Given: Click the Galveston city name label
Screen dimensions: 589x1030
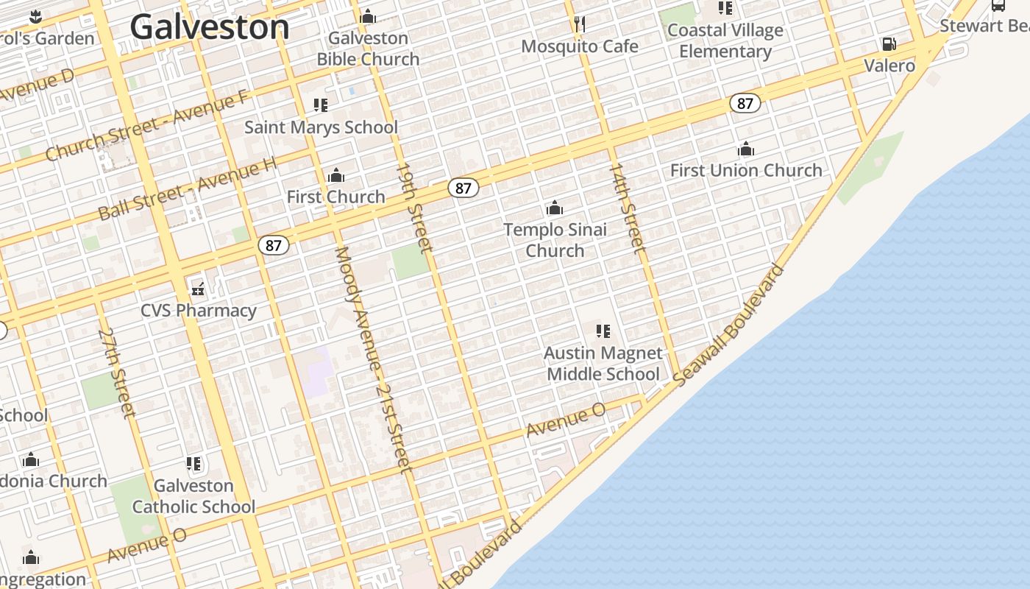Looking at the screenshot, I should point(210,28).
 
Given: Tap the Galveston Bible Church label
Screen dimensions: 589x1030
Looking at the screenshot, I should point(368,49).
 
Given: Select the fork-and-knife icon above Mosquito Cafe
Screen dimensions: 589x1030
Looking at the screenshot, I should point(580,24).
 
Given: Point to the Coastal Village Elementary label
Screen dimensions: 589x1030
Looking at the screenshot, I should point(725,41).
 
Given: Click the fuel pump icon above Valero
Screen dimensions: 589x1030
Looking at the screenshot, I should point(889,44).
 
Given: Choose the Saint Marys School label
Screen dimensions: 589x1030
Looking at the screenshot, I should point(321,127).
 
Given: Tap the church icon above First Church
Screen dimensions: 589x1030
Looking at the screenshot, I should point(336,175).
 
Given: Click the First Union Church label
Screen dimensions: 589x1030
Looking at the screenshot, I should point(746,170).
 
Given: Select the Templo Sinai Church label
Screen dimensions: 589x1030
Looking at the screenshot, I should point(555,240).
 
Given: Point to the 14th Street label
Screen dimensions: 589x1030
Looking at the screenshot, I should point(627,208).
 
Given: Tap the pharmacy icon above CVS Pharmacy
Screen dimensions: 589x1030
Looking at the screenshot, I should point(198,287).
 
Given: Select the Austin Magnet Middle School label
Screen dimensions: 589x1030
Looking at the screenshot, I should point(603,364).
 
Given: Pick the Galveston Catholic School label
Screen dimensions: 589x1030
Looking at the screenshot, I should point(194,496).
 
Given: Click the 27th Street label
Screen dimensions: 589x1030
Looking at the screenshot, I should point(117,373).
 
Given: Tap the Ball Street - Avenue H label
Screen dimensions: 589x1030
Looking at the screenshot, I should point(188,190).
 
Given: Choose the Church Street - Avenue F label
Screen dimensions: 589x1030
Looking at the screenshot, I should point(147,126).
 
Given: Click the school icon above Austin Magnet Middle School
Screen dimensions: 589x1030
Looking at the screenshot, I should point(603,331).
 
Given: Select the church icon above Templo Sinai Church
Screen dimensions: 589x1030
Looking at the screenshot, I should point(555,208).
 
